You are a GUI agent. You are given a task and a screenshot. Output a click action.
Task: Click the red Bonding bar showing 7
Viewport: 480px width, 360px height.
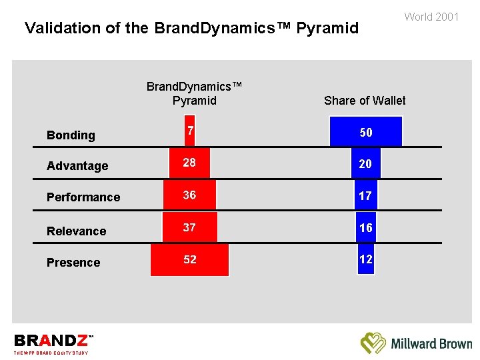[190, 132]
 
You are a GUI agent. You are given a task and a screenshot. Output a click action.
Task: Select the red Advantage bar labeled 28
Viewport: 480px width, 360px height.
[190, 163]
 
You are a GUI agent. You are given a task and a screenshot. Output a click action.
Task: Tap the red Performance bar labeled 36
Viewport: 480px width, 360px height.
[190, 195]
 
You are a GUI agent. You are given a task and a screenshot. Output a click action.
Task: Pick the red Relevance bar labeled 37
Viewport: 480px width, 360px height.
[190, 227]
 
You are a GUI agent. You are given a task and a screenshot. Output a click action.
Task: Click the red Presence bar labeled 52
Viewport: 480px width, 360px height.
[190, 259]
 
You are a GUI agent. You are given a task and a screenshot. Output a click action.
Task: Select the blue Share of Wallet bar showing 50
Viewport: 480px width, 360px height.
[366, 132]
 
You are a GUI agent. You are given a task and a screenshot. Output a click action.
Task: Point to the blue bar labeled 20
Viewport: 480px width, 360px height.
[365, 163]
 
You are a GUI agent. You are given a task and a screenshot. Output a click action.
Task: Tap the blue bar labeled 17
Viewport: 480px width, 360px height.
[365, 196]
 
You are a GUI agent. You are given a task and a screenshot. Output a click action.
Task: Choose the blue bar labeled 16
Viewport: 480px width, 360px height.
[365, 227]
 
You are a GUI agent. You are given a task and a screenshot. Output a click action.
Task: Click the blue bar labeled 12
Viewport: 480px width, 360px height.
[365, 259]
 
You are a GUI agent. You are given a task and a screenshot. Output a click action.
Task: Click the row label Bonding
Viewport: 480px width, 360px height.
[71, 135]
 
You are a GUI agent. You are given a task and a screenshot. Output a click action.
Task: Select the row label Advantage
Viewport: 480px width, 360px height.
[77, 166]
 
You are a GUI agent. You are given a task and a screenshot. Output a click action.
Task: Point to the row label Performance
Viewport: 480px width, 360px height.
[83, 197]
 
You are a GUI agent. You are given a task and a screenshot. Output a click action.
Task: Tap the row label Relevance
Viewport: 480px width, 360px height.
[76, 231]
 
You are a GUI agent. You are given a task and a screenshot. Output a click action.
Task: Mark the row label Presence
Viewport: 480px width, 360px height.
[73, 263]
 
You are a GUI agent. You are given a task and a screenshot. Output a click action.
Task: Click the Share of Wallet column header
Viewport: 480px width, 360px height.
[365, 101]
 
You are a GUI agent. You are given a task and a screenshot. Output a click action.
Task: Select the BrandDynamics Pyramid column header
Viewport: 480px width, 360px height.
[194, 94]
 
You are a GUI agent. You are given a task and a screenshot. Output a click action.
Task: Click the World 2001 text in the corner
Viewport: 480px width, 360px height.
[431, 17]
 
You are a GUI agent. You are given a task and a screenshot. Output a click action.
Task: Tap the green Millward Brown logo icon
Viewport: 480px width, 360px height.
[373, 343]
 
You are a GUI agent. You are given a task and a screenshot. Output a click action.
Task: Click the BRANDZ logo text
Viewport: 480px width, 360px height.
[50, 341]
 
